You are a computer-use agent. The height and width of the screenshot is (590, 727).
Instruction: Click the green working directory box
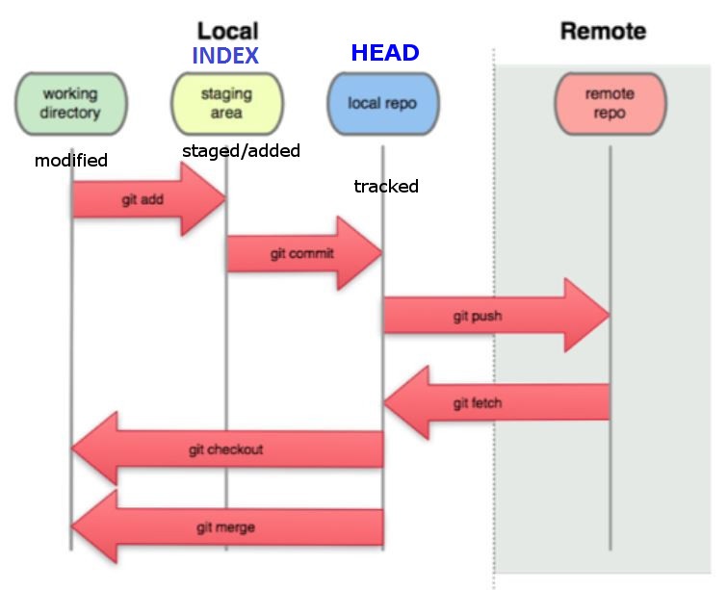point(71,103)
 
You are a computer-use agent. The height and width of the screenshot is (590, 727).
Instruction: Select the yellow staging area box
point(226,103)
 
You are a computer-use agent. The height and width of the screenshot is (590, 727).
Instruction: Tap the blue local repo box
point(382,103)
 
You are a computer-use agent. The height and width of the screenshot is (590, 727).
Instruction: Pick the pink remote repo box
point(610,103)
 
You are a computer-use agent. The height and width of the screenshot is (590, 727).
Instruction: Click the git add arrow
point(149,199)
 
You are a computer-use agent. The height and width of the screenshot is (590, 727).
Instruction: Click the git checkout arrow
point(227,449)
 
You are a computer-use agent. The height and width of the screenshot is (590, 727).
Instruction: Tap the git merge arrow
point(227,527)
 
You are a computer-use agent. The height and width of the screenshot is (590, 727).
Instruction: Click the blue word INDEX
point(225,56)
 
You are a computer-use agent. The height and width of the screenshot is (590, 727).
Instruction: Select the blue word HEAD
point(385,53)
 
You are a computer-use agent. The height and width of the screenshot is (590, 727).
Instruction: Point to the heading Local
point(228,31)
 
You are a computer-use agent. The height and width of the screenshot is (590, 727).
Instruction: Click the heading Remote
point(603,31)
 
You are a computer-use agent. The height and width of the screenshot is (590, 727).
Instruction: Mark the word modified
point(71,161)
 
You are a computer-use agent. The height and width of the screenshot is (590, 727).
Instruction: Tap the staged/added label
point(241,150)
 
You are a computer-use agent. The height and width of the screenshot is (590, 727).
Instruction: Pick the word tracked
point(386,187)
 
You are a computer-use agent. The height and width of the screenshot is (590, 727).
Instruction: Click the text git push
point(478,316)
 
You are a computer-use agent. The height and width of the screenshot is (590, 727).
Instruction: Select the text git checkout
point(226,449)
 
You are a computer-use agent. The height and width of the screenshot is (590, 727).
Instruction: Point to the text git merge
point(226,527)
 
